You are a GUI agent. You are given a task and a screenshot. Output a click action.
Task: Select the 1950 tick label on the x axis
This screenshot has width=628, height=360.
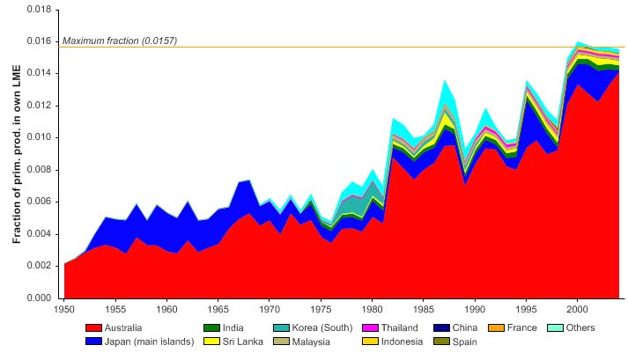(x=64, y=310)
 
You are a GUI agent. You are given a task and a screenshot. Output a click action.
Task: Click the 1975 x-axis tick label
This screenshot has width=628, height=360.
(x=321, y=310)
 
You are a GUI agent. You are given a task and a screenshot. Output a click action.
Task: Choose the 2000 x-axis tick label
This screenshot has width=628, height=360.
(x=577, y=310)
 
